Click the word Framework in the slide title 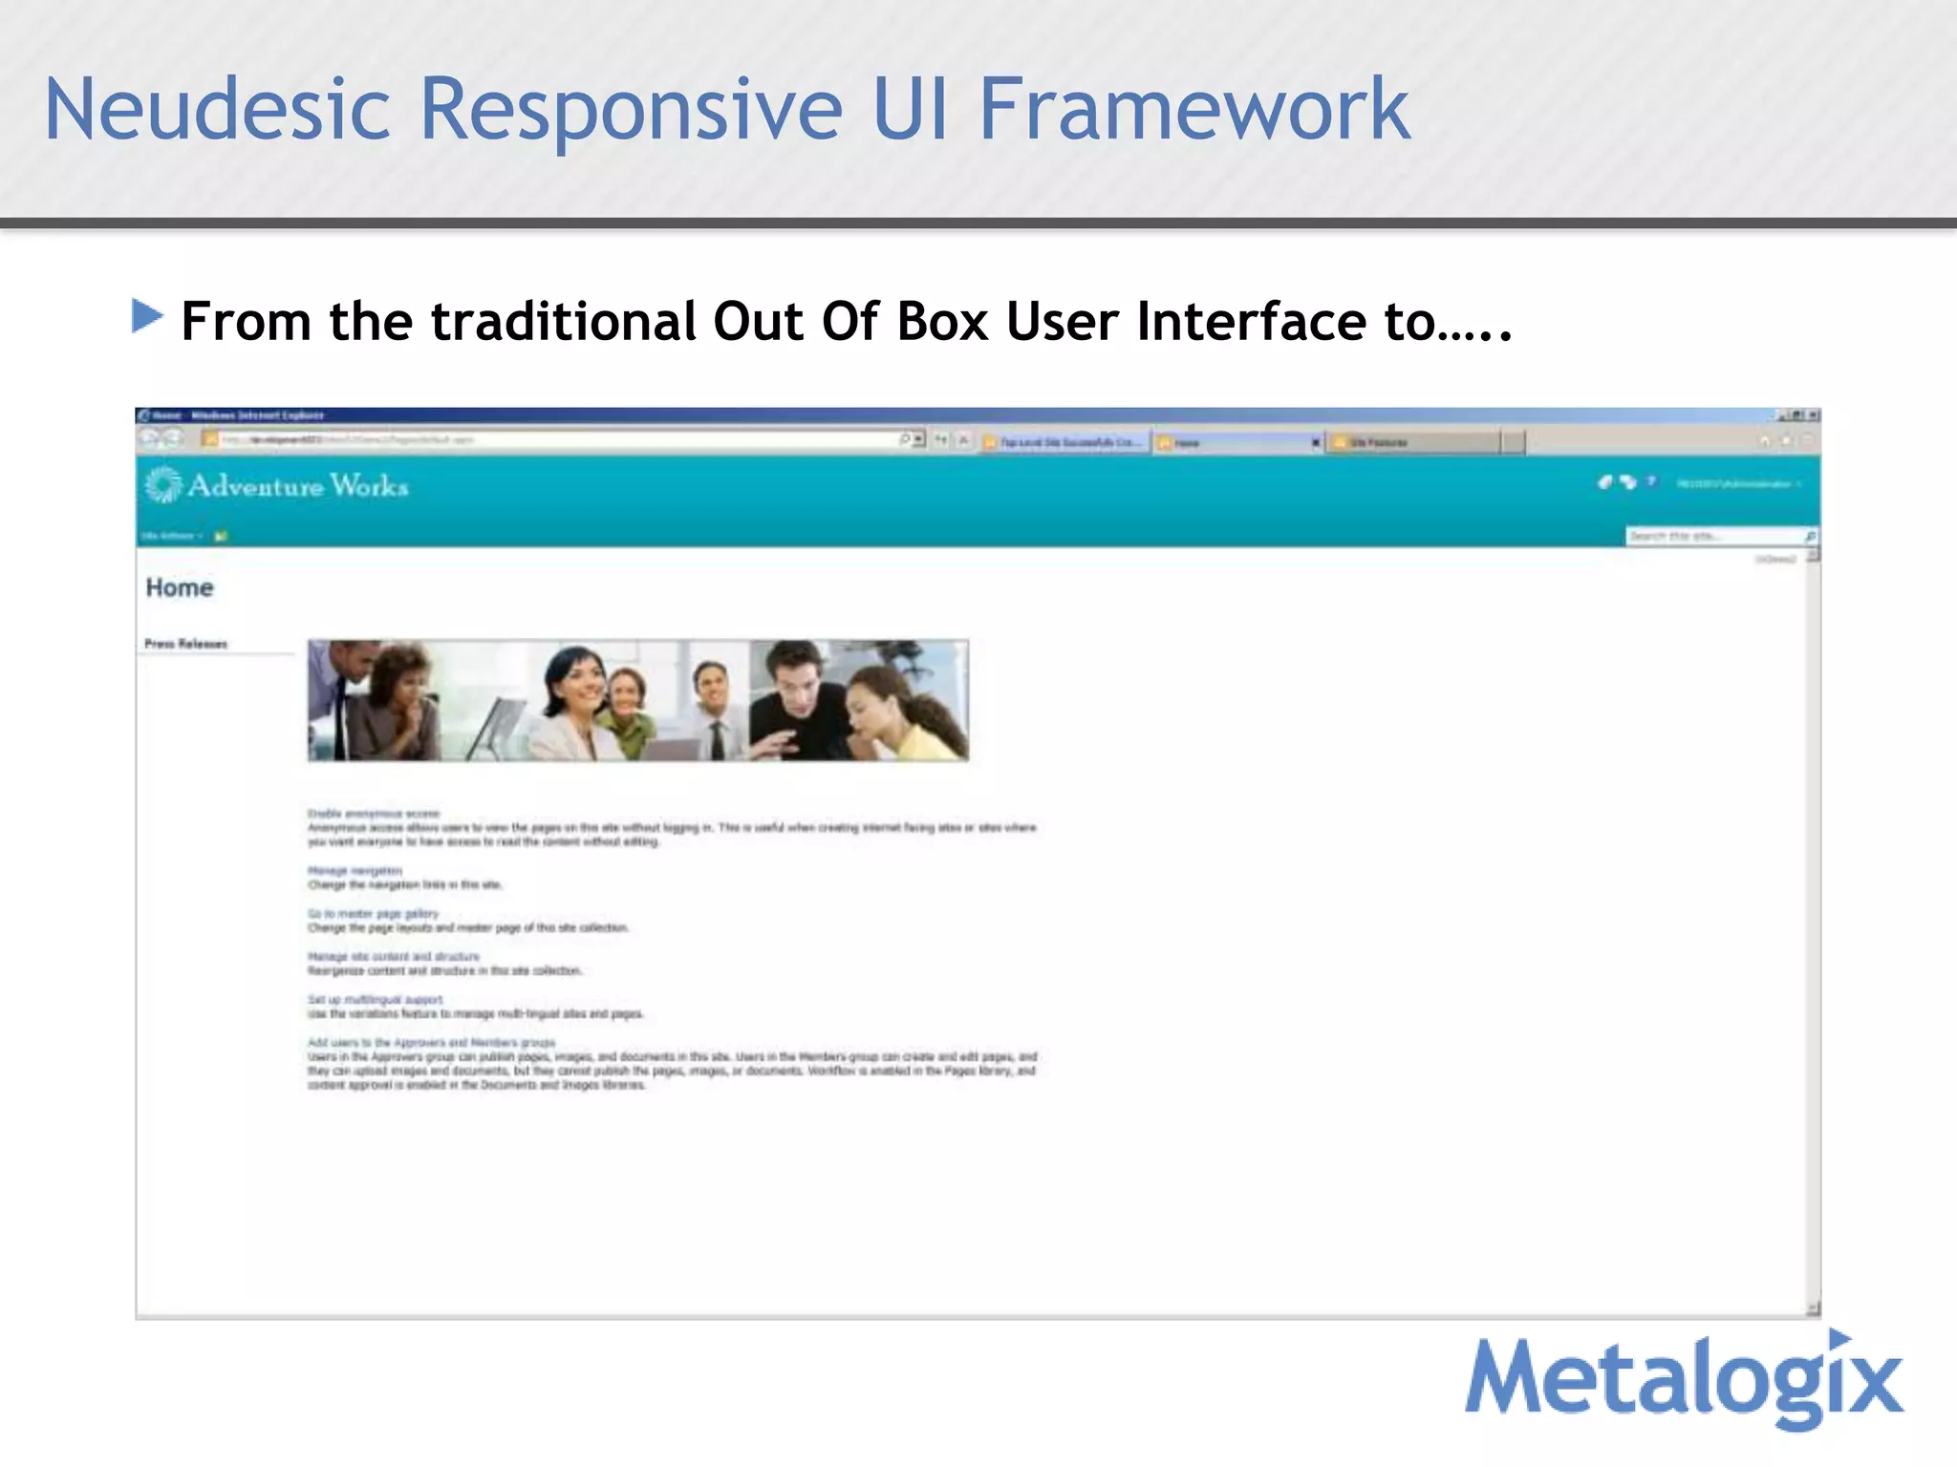coord(1194,110)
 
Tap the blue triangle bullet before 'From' coord(146,316)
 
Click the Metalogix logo coord(1684,1379)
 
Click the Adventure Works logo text coord(298,486)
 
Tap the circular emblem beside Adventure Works coord(162,485)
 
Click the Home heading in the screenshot coord(180,587)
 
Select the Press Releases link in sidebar coord(186,644)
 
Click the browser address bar coord(554,440)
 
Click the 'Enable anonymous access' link coord(373,814)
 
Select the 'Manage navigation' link coord(355,871)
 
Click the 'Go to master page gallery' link coord(373,914)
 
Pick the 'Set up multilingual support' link coord(375,1000)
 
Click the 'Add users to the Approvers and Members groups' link coord(431,1043)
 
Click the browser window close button coord(1813,415)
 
